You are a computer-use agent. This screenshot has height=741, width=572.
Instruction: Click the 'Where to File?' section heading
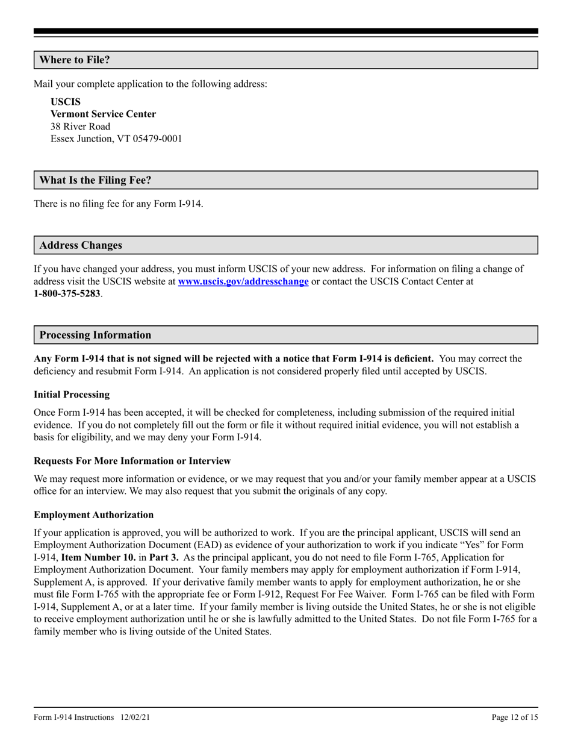coord(75,60)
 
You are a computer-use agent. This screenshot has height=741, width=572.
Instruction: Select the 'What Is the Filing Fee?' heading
coord(95,180)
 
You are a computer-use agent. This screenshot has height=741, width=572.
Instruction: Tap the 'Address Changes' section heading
coord(81,245)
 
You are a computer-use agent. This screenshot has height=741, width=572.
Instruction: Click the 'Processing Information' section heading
coord(95,335)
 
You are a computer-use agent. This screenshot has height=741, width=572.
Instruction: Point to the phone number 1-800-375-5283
coord(67,294)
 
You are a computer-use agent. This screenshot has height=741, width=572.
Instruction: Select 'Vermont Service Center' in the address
coord(103,114)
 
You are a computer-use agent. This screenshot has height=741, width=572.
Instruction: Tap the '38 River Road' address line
coord(81,127)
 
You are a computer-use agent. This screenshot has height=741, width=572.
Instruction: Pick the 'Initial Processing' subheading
coord(72,395)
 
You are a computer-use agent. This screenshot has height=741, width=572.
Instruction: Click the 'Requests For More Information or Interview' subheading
coord(132,461)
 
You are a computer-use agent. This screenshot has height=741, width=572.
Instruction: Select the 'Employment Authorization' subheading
coord(93,515)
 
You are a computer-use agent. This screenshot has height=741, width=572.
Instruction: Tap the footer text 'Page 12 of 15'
coord(514,718)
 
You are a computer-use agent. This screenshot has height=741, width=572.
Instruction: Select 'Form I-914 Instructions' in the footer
coord(74,718)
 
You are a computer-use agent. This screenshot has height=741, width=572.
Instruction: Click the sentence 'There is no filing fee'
coord(118,204)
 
